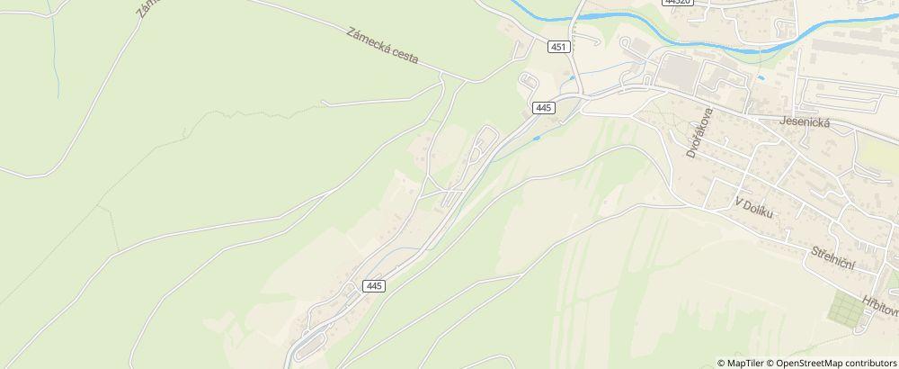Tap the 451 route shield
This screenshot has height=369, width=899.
(x=558, y=45)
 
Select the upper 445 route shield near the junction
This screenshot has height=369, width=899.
(x=542, y=107)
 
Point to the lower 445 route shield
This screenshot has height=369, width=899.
(x=375, y=285)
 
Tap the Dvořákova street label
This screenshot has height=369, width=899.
(x=693, y=132)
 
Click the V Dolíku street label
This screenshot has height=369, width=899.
(x=753, y=207)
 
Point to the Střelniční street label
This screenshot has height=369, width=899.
(x=832, y=256)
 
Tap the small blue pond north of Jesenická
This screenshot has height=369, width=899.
(x=761, y=78)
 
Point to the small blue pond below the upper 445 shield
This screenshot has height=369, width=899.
(x=537, y=139)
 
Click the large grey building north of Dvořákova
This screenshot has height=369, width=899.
(x=679, y=69)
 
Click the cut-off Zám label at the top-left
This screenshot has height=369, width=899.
(x=146, y=9)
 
